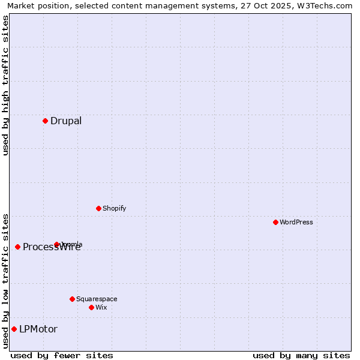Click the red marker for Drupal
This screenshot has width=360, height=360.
(45, 121)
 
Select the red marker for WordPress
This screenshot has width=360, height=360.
(275, 222)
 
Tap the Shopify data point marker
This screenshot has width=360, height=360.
(98, 208)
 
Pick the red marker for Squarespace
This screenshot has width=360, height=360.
(72, 299)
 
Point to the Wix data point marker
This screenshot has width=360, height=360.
(91, 307)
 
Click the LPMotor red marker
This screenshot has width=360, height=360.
(14, 329)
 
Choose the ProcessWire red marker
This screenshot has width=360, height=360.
(17, 247)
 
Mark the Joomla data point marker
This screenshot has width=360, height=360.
(57, 244)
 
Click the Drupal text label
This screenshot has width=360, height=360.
(66, 121)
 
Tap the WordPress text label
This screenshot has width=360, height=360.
(296, 222)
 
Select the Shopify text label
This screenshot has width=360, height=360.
(115, 208)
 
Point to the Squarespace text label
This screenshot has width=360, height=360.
(97, 299)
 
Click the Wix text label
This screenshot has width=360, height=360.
(101, 307)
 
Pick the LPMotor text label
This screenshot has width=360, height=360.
(38, 329)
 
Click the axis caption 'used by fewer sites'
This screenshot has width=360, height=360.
(62, 355)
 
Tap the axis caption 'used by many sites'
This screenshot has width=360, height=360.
(301, 355)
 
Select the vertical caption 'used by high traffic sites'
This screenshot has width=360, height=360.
(5, 86)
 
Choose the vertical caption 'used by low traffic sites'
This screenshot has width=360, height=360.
(5, 281)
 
